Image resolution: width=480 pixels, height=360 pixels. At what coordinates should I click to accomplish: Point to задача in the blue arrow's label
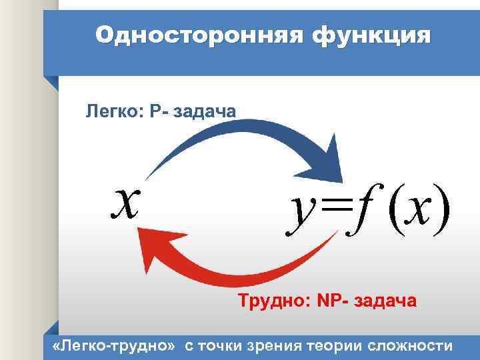[x=204, y=111]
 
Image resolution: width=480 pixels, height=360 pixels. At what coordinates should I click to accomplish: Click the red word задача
[x=386, y=302]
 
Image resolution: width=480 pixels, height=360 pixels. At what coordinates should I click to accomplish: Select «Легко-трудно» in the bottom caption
[x=114, y=345]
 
